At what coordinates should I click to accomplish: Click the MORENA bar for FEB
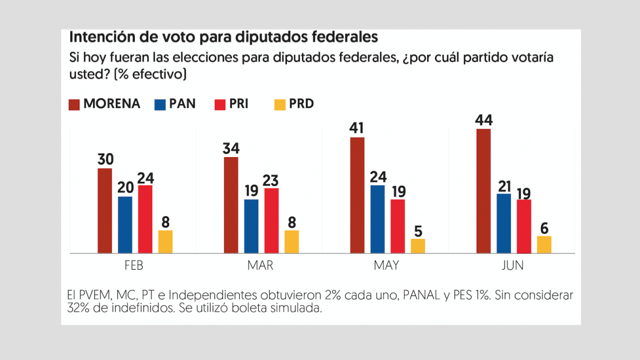104,211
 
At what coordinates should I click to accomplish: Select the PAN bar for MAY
378,219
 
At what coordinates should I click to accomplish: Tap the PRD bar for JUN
544,245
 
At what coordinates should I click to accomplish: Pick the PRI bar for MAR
271,221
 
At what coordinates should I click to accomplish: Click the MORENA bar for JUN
483,191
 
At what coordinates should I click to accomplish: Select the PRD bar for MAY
418,246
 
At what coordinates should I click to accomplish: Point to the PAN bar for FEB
125,225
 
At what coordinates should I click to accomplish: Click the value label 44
483,120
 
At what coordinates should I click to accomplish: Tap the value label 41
357,128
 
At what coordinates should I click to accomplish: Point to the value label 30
104,159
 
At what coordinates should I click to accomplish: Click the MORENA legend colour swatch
74,104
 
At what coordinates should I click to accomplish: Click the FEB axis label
135,266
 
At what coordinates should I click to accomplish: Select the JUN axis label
512,266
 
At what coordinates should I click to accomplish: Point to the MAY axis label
386,266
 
